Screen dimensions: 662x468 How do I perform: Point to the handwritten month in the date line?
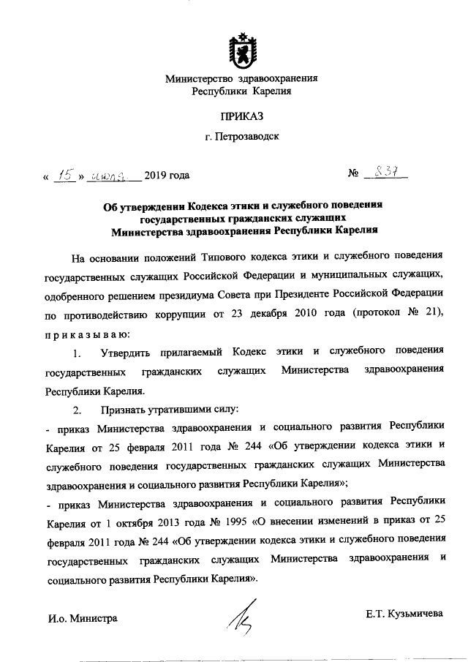[113, 175]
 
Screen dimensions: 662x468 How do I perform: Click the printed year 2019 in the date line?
[156, 175]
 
